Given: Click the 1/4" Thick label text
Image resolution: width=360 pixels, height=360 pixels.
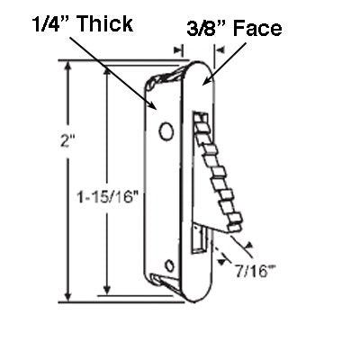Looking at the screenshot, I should [x=67, y=20].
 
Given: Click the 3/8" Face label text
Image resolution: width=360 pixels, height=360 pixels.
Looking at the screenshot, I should [x=233, y=29].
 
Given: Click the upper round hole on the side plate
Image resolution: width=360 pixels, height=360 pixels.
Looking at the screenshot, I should [x=166, y=131].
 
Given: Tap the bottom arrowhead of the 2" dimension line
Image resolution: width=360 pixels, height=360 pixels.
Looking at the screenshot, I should [x=67, y=300].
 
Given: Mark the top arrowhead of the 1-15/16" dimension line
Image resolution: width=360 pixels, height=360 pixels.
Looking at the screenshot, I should [x=108, y=69].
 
